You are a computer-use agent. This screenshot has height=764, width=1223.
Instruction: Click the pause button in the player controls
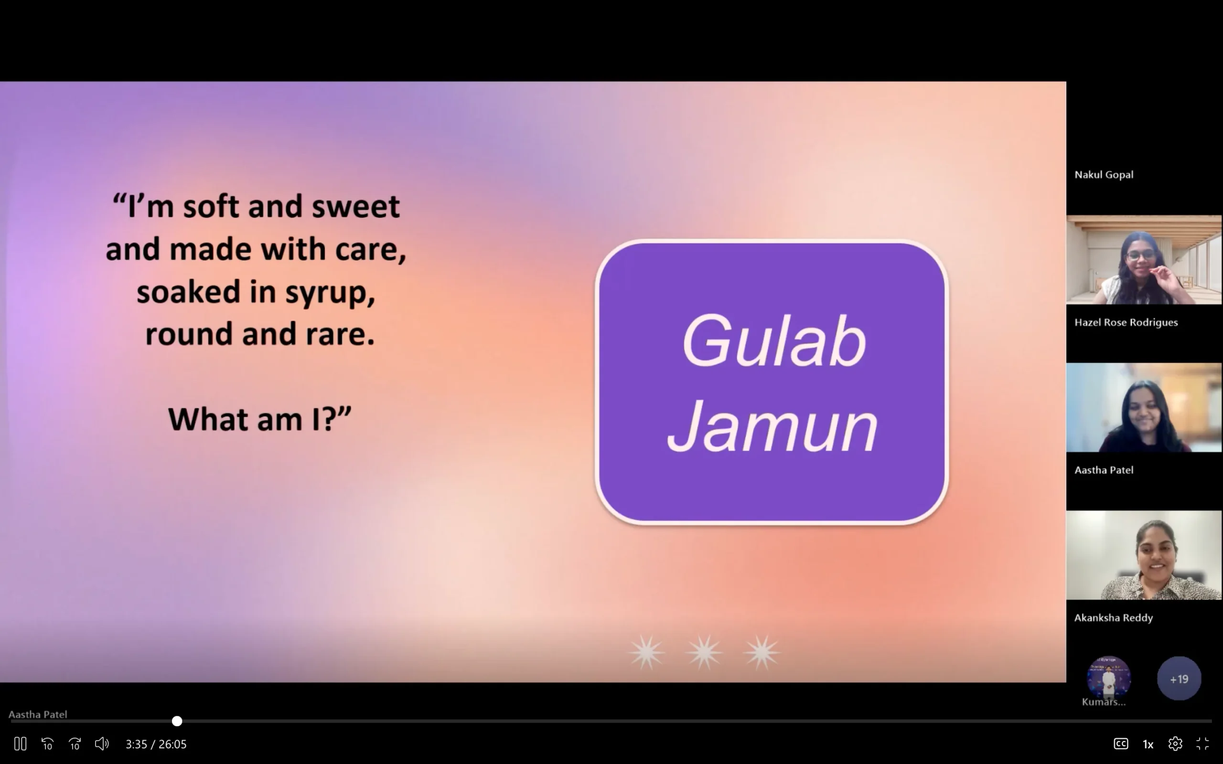(x=20, y=744)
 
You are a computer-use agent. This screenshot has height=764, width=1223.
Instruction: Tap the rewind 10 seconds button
(x=47, y=744)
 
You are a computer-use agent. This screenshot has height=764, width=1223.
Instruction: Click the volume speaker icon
(x=102, y=744)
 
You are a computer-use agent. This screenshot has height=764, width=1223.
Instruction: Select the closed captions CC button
(x=1121, y=744)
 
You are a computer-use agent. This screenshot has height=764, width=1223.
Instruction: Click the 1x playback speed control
(x=1148, y=744)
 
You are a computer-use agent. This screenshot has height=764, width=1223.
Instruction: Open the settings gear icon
(x=1175, y=744)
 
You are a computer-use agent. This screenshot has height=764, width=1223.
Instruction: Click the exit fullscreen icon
(x=1202, y=744)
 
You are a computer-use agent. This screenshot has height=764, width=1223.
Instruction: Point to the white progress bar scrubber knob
(x=177, y=721)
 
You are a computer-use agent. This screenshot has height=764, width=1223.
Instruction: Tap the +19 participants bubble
(x=1179, y=679)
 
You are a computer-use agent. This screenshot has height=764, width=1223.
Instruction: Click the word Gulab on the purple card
(x=774, y=341)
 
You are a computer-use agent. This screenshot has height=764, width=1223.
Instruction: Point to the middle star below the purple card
(x=704, y=652)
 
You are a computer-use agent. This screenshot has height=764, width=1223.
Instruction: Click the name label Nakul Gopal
(x=1104, y=175)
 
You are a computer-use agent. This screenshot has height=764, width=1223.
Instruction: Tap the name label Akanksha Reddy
(x=1113, y=618)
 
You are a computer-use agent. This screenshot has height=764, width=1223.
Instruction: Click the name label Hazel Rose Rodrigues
(x=1126, y=322)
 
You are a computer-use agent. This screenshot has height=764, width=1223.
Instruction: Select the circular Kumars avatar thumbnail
(x=1109, y=678)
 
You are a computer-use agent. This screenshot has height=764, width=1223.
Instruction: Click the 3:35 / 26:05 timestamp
(x=156, y=744)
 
